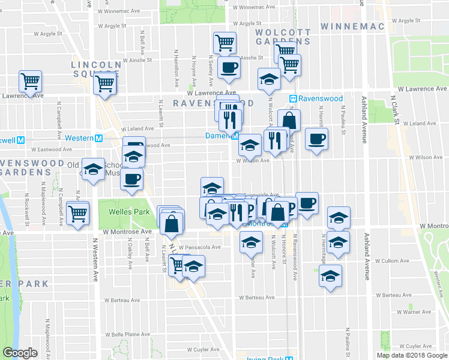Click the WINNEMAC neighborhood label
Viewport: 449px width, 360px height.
[351, 26]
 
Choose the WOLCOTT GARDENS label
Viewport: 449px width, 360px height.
[283, 37]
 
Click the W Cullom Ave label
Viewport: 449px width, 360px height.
[393, 261]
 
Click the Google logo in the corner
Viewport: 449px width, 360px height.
[20, 353]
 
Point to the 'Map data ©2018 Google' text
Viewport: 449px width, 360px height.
[412, 355]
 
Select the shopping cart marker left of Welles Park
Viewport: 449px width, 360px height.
[78, 213]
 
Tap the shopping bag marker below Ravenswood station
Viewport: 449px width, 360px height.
[289, 119]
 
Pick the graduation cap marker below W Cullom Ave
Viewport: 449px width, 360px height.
[330, 275]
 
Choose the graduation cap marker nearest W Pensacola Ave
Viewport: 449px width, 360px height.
[250, 242]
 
